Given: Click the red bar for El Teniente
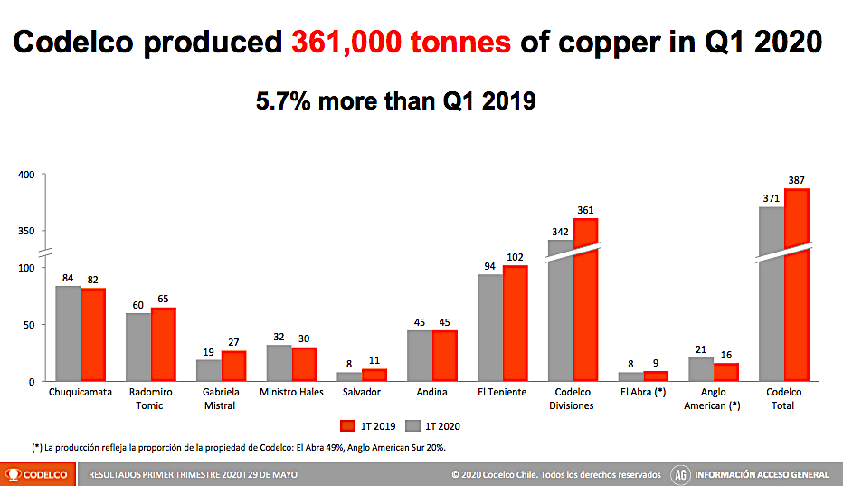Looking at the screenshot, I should click(x=515, y=323).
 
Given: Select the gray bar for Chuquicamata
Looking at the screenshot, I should click(x=68, y=333).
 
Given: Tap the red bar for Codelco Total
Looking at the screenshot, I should click(x=797, y=285).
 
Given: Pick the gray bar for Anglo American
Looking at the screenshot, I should click(x=701, y=369).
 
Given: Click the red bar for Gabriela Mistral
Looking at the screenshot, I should click(x=233, y=366).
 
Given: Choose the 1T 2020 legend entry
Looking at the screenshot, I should click(x=437, y=425).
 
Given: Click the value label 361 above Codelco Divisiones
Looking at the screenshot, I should click(x=585, y=211).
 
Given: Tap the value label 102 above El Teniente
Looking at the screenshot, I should click(x=515, y=258).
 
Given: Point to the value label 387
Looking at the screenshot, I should click(x=797, y=181).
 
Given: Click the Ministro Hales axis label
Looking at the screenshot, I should click(x=291, y=393).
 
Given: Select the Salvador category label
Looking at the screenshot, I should click(x=362, y=393).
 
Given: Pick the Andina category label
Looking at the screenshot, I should click(x=432, y=393).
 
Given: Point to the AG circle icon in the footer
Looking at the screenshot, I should click(x=681, y=474).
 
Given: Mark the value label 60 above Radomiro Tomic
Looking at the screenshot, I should click(x=138, y=306).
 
